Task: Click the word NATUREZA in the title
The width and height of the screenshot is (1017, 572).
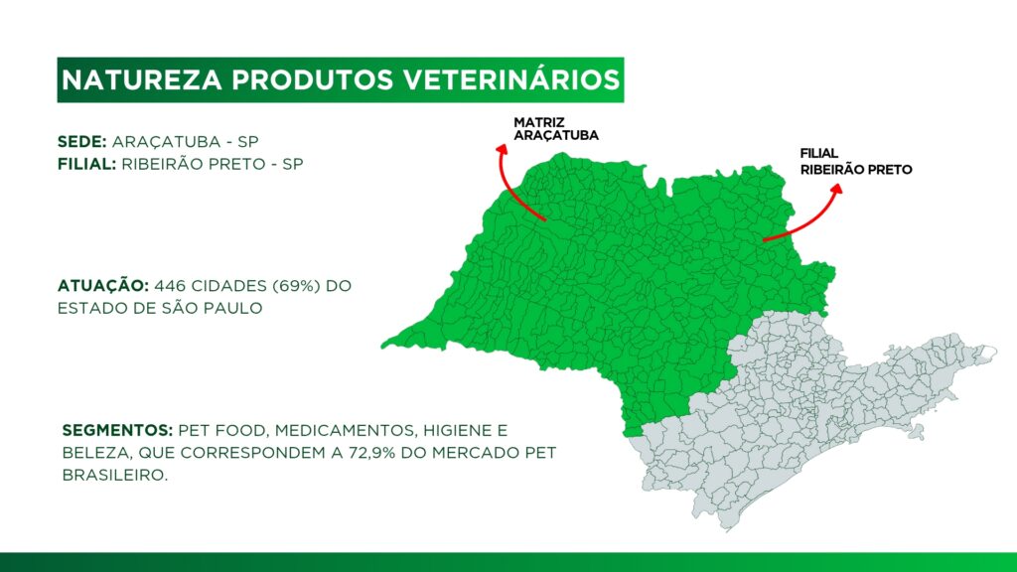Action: (141, 79)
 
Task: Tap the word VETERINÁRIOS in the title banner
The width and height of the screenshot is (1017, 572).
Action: (511, 79)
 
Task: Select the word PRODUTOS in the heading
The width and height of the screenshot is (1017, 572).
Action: (313, 79)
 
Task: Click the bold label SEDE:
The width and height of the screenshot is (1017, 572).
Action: (81, 141)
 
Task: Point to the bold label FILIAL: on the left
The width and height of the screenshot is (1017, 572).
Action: (87, 164)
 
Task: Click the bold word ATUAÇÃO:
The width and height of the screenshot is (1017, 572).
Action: (103, 285)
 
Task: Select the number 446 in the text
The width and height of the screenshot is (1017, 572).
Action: (166, 286)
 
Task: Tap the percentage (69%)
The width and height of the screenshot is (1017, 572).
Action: (296, 286)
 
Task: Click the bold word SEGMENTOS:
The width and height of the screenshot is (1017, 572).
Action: (117, 431)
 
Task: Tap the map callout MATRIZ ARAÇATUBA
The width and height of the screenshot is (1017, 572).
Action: (556, 129)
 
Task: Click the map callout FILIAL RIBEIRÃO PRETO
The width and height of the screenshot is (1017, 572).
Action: (855, 162)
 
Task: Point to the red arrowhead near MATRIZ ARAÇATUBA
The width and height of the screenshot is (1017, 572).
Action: (502, 149)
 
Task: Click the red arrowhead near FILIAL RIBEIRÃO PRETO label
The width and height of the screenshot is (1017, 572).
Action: (836, 189)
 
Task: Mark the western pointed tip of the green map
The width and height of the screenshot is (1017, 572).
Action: (382, 346)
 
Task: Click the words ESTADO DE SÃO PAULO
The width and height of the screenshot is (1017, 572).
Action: (160, 308)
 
